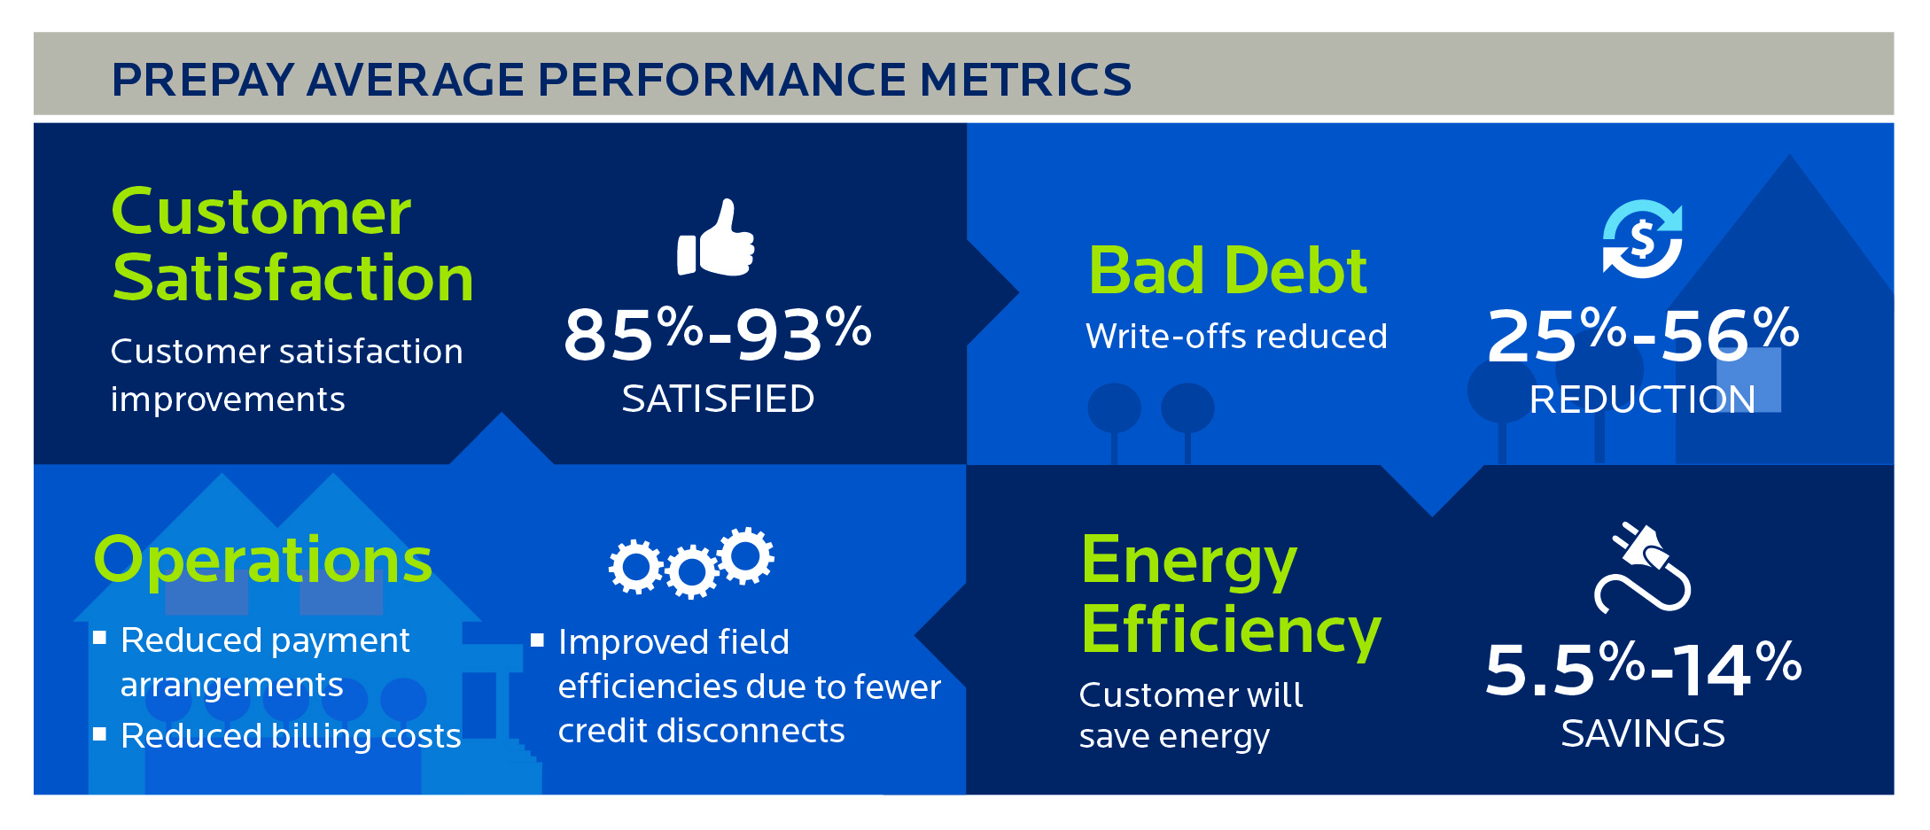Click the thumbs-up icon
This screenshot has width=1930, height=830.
(715, 237)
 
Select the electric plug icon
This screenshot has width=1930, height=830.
(1642, 567)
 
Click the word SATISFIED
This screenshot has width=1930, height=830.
(718, 399)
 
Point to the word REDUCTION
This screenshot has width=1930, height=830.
(1642, 399)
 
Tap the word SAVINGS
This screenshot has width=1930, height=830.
(1643, 733)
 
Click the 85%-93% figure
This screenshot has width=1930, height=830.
(718, 334)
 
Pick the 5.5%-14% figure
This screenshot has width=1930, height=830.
(1643, 668)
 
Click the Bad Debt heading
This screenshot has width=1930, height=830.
(1227, 270)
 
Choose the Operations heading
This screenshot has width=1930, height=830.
(263, 561)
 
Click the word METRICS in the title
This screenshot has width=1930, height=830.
(1025, 80)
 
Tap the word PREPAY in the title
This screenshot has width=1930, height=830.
(203, 80)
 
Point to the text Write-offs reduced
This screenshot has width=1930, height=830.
(1236, 337)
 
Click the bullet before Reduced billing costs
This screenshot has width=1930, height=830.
(100, 733)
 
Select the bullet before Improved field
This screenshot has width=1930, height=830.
(537, 640)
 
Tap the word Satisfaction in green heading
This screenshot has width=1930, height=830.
(293, 278)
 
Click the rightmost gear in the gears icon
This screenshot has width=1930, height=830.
(746, 555)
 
